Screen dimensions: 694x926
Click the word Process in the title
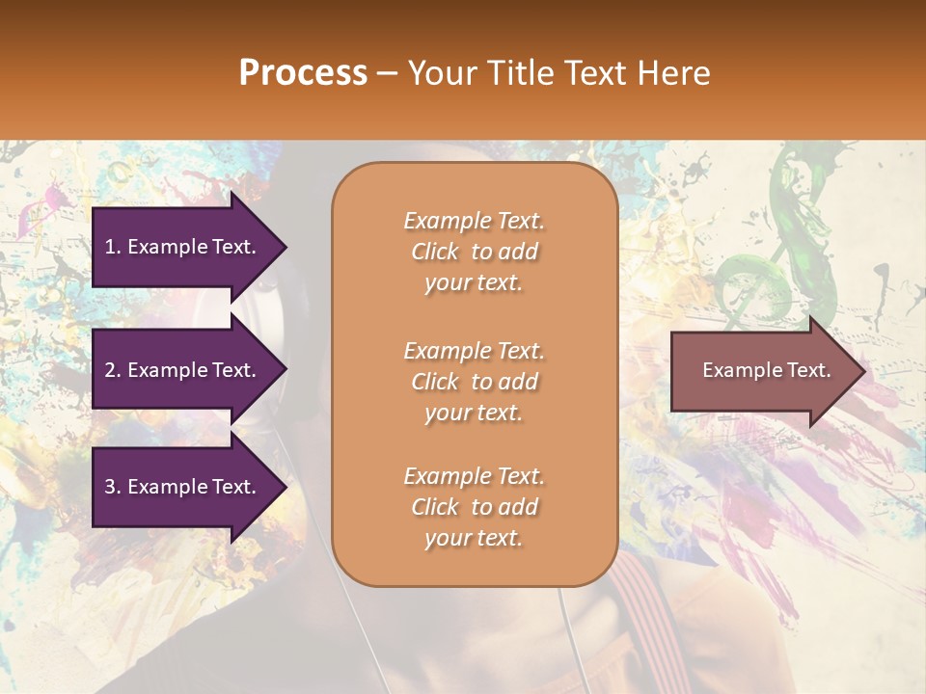pyautogui.click(x=303, y=73)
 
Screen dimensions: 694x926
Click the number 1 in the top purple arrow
pyautogui.click(x=109, y=247)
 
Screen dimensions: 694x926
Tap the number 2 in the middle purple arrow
pyautogui.click(x=109, y=370)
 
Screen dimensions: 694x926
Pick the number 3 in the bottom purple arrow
pyautogui.click(x=109, y=487)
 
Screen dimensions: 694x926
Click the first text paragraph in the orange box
pyautogui.click(x=474, y=252)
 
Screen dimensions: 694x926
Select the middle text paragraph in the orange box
pyautogui.click(x=474, y=382)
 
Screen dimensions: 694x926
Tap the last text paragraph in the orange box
pyautogui.click(x=474, y=507)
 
